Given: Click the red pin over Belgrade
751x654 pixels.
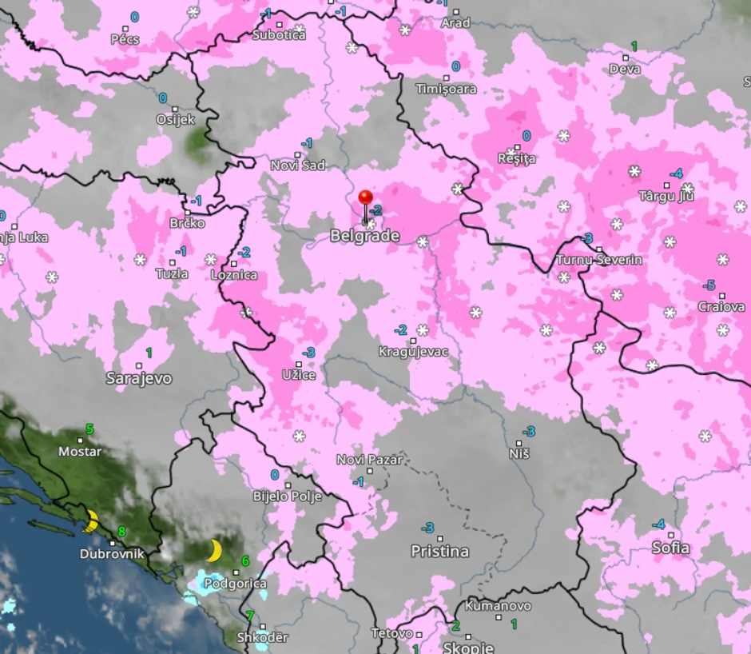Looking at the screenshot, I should point(366,198).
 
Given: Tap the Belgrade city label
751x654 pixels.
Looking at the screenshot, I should point(364,236).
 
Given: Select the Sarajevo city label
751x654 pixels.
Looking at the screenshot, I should point(139,378).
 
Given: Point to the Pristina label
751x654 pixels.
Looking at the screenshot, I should point(439,551).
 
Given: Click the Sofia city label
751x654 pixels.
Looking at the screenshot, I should point(671,548).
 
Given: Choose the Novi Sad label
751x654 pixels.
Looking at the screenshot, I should point(298,165).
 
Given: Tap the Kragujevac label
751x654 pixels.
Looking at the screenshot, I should point(414,352).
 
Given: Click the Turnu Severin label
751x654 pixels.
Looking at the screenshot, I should point(599,260).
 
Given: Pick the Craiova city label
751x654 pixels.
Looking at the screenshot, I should point(721,307).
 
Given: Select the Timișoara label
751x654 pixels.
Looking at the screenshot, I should point(446,89).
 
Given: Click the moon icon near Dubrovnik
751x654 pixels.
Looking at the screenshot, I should point(91,521).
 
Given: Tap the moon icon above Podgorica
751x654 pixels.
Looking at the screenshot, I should point(213,550).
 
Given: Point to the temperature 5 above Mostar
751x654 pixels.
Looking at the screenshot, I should point(89,429).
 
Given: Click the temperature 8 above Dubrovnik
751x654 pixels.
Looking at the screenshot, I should point(121,531).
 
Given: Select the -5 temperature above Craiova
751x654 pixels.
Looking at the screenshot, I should point(708,285).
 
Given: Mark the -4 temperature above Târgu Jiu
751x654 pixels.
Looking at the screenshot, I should point(676,173).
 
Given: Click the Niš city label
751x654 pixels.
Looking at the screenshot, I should point(519,454).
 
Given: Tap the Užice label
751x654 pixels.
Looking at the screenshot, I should point(299,374).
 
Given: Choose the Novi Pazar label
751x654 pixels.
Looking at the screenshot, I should point(369,460).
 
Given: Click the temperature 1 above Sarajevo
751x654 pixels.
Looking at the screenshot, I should point(149,352).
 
